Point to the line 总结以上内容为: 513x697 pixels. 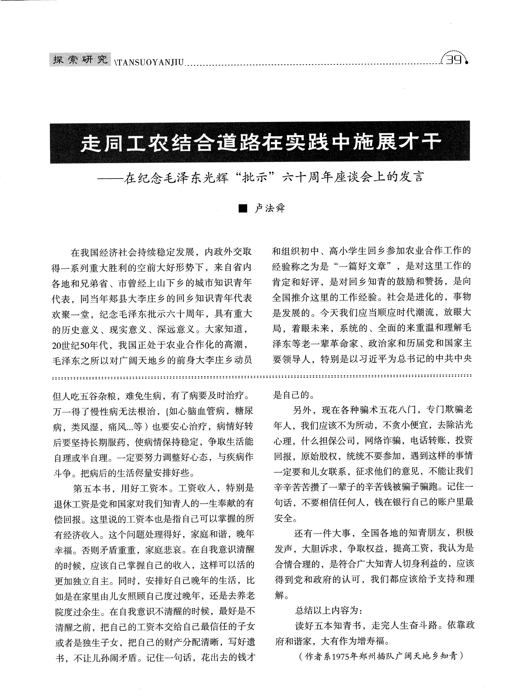click(x=328, y=611)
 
